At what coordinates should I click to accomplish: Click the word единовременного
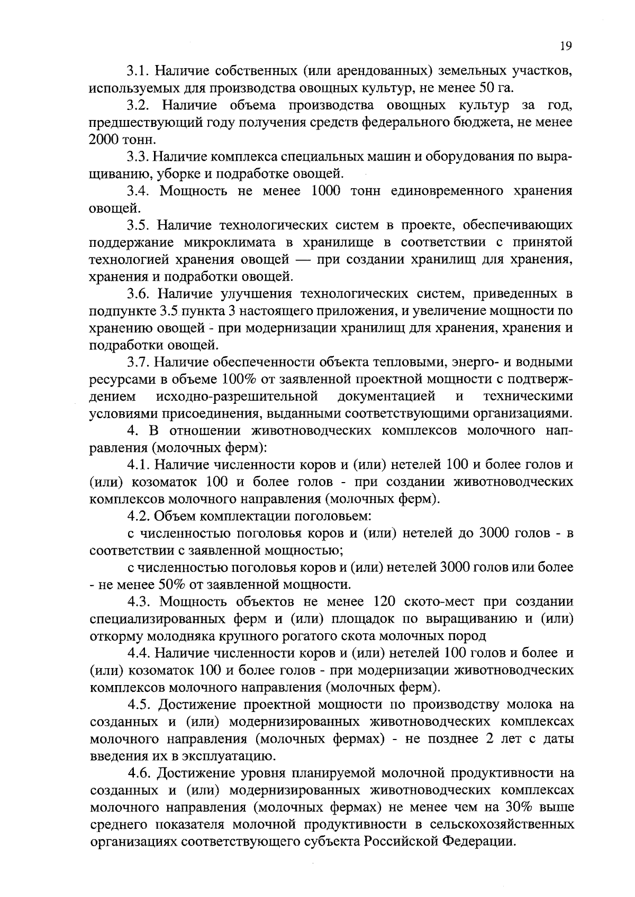(449, 191)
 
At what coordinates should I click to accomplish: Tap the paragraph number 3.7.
(138, 362)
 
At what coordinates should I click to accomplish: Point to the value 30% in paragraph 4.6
(521, 808)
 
